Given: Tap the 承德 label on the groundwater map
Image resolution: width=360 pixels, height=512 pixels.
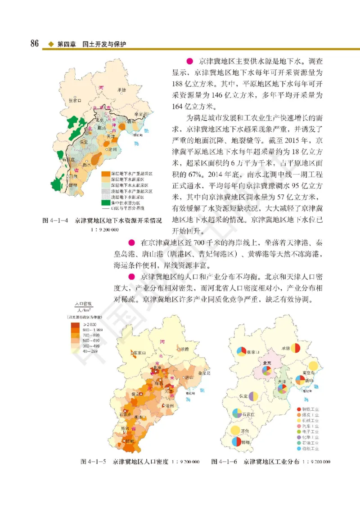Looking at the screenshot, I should (x=121, y=90).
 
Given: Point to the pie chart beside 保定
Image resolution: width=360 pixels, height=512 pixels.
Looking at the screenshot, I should (x=253, y=396).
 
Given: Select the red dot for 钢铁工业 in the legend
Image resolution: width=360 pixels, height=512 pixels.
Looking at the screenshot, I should (x=300, y=409).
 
